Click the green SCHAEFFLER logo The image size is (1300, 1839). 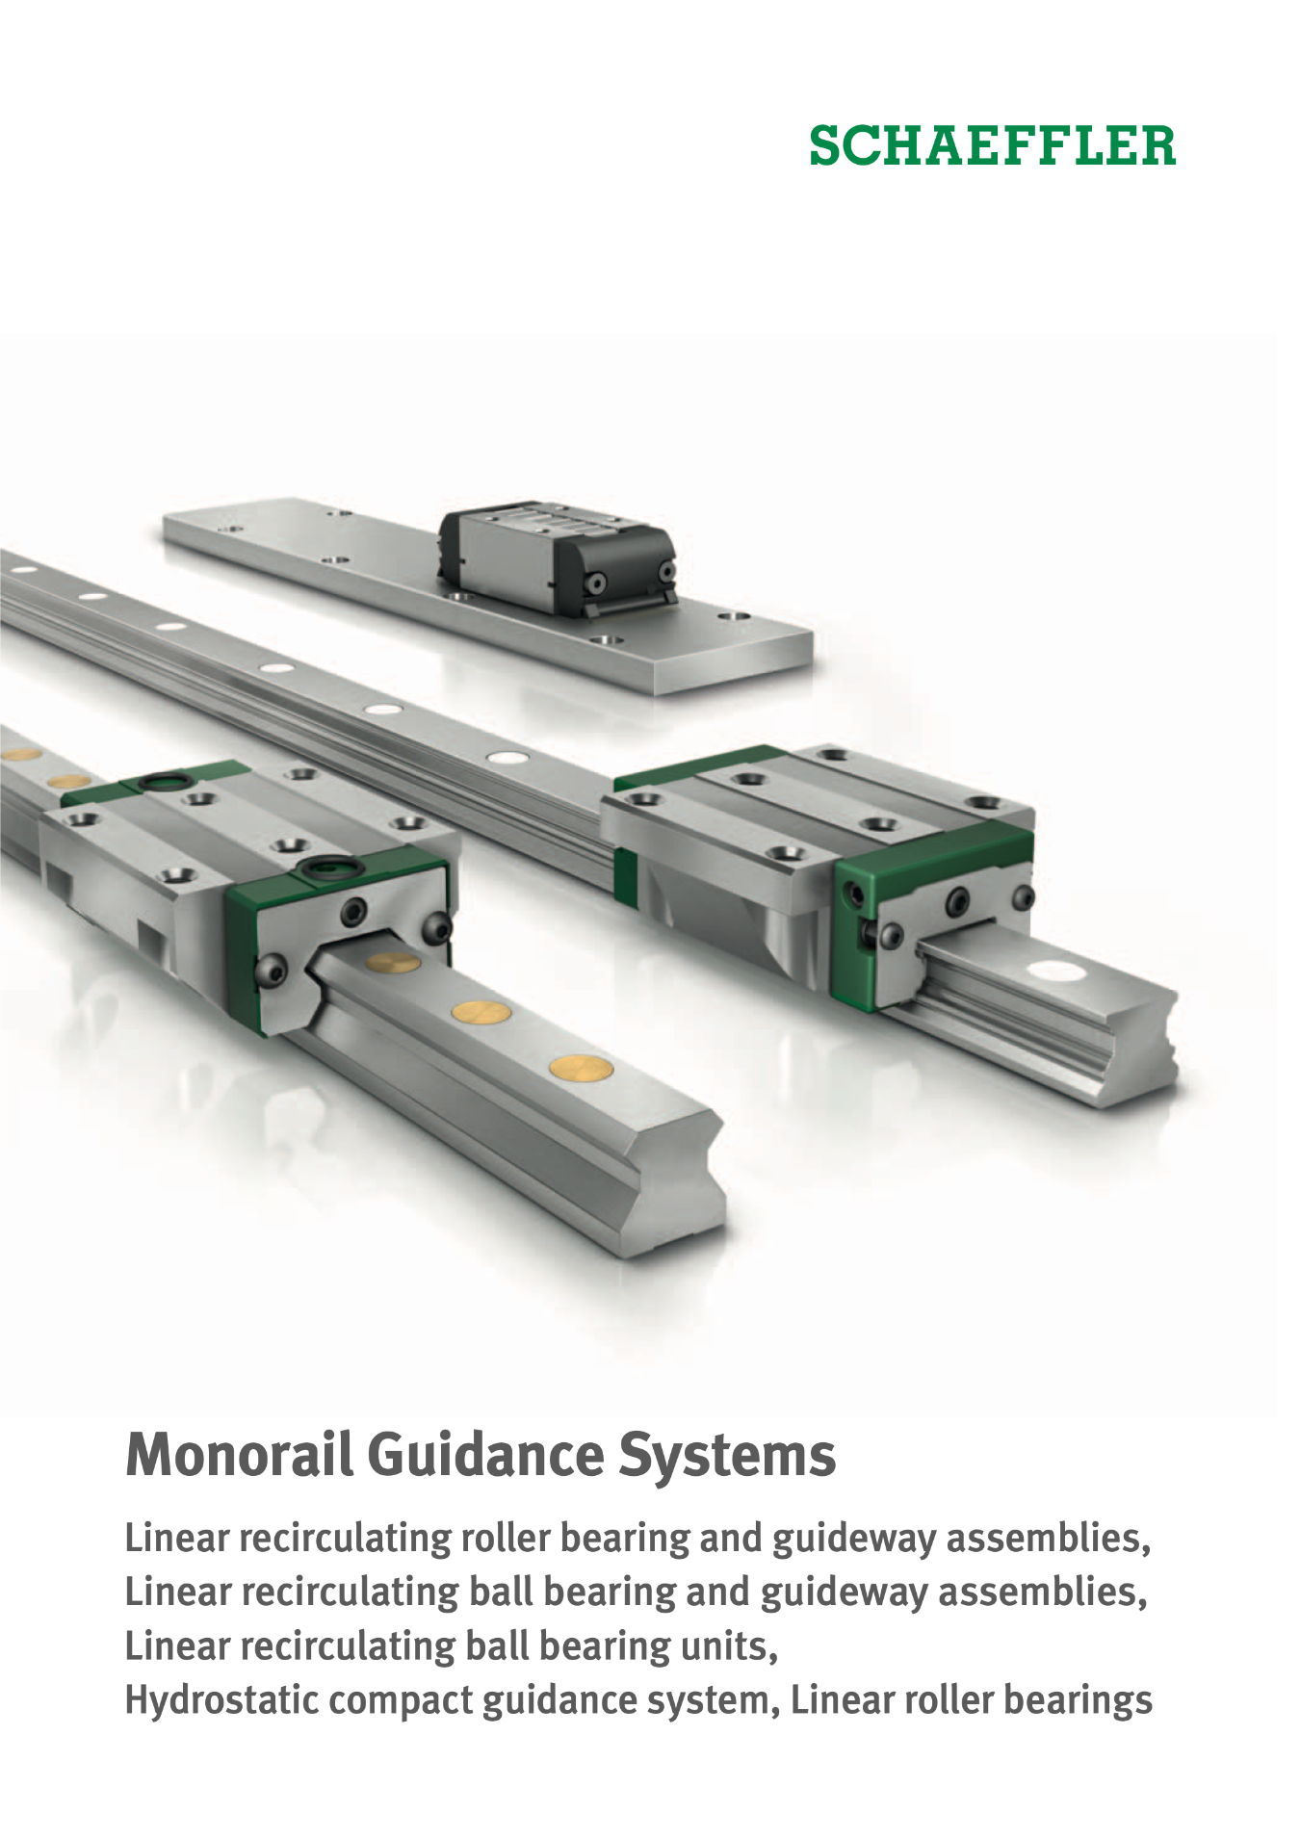[x=992, y=145]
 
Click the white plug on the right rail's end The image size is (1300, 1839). [x=1056, y=971]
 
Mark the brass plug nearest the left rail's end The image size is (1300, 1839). [x=581, y=1066]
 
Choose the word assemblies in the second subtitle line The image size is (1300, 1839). [x=1043, y=1592]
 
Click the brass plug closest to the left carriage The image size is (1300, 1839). [x=393, y=961]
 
